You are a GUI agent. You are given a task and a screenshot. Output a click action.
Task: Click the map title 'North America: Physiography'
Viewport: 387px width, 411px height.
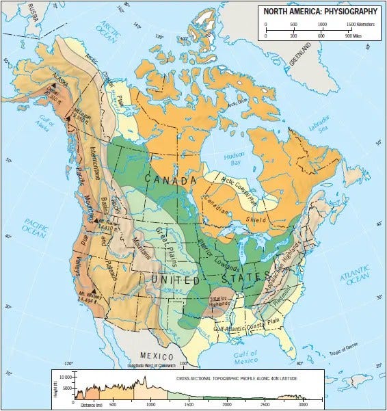click(320, 11)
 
